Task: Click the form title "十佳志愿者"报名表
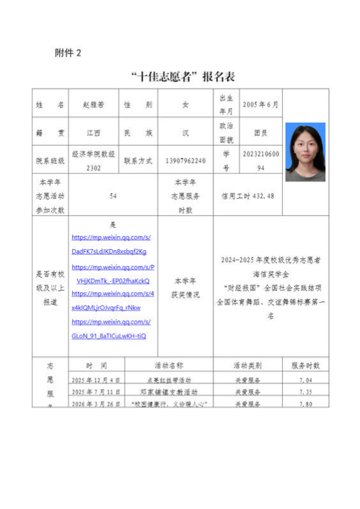click(184, 77)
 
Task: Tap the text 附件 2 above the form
click(68, 53)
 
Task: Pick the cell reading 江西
click(93, 134)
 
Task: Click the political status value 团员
click(260, 134)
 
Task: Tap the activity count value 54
click(113, 196)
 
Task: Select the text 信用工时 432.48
click(247, 196)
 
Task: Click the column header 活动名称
click(169, 366)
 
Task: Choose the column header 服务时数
click(305, 366)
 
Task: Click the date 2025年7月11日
click(96, 392)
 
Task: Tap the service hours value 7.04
click(305, 380)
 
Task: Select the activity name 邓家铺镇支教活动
click(169, 392)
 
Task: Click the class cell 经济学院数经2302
click(93, 161)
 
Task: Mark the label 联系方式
click(138, 161)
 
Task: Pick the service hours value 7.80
click(305, 404)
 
